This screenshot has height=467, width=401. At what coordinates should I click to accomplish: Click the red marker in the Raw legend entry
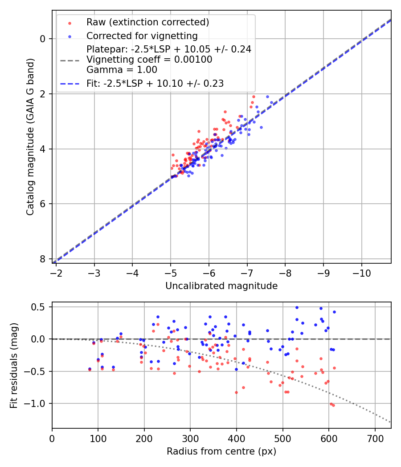pos(70,23)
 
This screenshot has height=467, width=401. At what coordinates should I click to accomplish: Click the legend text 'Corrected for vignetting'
pos(142,36)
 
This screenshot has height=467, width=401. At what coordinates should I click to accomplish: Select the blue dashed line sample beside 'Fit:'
pos(70,83)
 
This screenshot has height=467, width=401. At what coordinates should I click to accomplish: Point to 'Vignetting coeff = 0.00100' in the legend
pos(149,59)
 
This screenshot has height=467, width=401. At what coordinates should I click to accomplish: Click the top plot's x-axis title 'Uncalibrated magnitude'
pos(221,286)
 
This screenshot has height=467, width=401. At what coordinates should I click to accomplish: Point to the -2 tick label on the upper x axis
pos(56,272)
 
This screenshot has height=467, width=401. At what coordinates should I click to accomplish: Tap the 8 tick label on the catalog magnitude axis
pos(43,259)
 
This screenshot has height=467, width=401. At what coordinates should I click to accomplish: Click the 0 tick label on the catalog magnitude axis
pos(43,39)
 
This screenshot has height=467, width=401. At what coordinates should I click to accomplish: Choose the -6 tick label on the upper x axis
pos(209,272)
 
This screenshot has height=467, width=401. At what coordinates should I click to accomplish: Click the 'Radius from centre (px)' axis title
pos(221,451)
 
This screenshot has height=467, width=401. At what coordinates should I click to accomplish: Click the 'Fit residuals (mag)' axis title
pos(14,365)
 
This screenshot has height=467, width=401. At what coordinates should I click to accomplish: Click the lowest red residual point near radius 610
pos(333,405)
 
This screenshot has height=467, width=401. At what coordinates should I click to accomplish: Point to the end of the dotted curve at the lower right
pos(390,422)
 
